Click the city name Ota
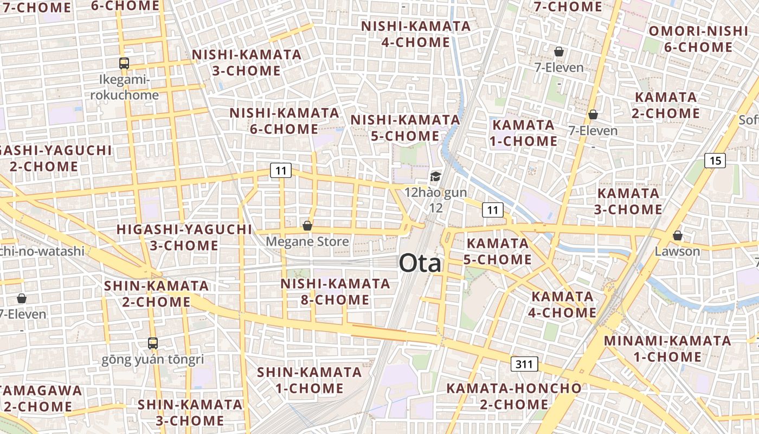[420, 264]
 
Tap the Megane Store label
[307, 241]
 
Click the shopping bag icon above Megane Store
[307, 226]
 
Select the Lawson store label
[677, 251]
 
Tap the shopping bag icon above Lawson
[677, 235]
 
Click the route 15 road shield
[715, 161]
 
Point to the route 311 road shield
[524, 364]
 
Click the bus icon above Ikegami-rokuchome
[124, 63]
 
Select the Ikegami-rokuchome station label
[124, 88]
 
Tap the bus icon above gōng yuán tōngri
[153, 343]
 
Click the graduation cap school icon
[435, 176]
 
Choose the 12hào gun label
[435, 193]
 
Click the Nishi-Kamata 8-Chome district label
[335, 292]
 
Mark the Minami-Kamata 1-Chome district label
[667, 349]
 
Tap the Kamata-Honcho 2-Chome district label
[513, 397]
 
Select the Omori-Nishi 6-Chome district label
[698, 39]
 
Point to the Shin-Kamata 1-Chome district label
[309, 380]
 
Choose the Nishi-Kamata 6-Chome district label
[284, 121]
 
